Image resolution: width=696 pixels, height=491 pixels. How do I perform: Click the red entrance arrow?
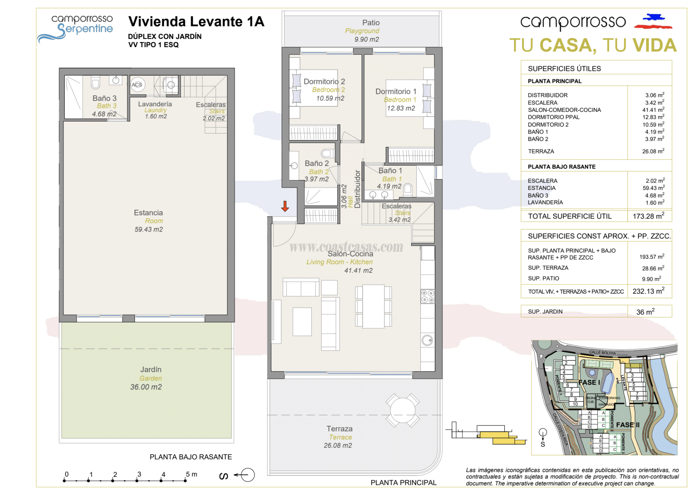[x=285, y=206]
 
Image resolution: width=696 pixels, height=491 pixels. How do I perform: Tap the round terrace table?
[x=402, y=410]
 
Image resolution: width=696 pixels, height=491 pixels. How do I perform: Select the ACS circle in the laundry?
[x=137, y=85]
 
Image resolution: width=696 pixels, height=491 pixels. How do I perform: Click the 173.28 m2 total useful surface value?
[x=648, y=216]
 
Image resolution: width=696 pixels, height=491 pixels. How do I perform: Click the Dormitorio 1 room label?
[x=396, y=91]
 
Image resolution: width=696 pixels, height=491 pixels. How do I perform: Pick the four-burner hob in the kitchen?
[x=427, y=296]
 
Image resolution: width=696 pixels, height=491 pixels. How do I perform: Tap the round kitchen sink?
[x=427, y=340]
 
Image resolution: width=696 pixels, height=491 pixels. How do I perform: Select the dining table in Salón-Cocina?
[x=373, y=306]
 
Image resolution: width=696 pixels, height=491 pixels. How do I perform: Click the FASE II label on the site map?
[x=628, y=425]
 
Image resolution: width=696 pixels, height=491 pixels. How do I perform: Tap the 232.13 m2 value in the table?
[x=648, y=291]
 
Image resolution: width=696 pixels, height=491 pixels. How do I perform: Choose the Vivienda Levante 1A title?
[x=196, y=21]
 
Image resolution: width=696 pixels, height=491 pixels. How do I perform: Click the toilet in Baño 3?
[x=95, y=83]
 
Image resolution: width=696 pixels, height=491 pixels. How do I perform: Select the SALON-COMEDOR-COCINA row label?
[x=564, y=110]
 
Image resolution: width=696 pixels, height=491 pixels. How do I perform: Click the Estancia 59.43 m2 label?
[x=148, y=220]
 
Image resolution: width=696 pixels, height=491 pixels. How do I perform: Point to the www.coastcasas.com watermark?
[x=346, y=247]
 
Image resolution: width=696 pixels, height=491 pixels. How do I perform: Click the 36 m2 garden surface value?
[x=645, y=312]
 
